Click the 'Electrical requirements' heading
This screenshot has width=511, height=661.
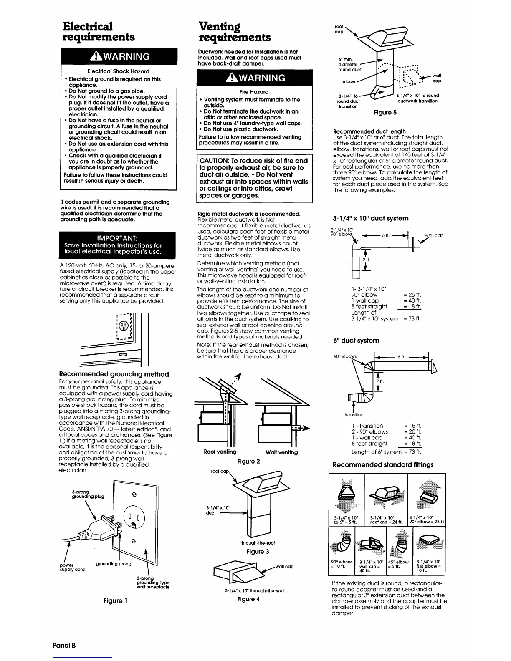point(99,31)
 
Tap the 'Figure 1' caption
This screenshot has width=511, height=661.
point(115,601)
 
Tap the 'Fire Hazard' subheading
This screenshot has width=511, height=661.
point(254,92)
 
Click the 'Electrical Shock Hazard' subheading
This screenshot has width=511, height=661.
point(118,71)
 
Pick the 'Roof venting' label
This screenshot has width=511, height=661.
point(220,452)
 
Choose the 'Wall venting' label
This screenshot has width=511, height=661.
point(282,452)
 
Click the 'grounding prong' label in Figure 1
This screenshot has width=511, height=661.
point(113,564)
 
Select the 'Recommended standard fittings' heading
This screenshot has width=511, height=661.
point(383,464)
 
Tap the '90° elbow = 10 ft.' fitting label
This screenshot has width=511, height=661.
point(341,565)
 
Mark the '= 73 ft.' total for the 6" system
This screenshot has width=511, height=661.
point(412,452)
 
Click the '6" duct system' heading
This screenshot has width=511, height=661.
point(356,341)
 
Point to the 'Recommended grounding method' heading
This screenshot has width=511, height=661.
point(114,374)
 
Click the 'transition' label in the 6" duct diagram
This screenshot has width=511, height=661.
point(354,415)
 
